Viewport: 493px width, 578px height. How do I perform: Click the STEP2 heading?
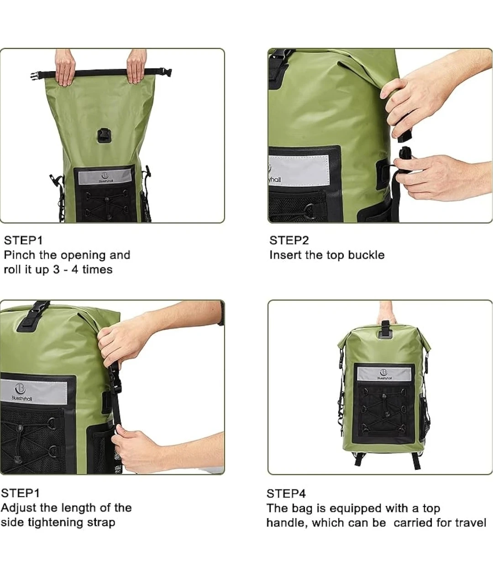click(289, 241)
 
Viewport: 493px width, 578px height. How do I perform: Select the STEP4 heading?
click(286, 494)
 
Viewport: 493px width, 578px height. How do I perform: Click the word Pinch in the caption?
click(20, 255)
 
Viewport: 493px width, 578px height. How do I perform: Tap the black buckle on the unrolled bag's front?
click(103, 135)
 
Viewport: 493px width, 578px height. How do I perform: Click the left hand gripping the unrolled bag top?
click(65, 67)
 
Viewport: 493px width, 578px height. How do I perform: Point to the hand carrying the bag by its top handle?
click(387, 313)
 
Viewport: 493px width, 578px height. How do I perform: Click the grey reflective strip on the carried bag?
click(384, 374)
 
